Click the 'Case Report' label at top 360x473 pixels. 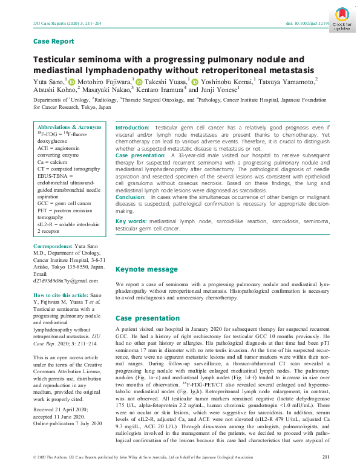(x=53, y=41)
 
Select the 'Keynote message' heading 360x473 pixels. (x=146, y=268)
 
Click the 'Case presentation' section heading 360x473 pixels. (x=148, y=318)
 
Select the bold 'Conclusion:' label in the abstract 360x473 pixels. (x=130, y=197)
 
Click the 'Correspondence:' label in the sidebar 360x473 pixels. (x=54, y=247)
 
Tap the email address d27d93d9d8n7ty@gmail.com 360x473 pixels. (x=65, y=281)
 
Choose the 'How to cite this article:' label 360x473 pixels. (x=65, y=295)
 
